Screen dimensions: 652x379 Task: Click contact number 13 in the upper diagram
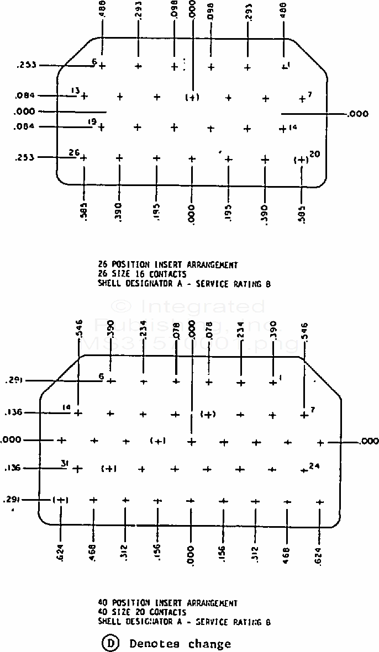coord(75,91)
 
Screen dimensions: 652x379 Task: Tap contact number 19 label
coord(93,121)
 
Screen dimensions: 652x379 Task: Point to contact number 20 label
coord(315,154)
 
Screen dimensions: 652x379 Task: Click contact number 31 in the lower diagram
coord(64,463)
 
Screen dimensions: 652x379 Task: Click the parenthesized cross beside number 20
coord(301,160)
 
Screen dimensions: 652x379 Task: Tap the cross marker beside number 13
coord(84,96)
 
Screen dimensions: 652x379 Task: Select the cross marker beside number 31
coord(77,469)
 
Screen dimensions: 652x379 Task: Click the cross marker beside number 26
coord(83,158)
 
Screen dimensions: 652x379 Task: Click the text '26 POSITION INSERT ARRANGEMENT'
coord(167,265)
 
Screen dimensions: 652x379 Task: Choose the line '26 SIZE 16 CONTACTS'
coord(142,274)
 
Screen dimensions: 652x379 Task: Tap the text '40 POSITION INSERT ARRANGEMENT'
coord(167,603)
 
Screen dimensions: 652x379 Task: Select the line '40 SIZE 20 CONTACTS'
coord(142,612)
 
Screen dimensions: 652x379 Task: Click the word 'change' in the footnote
coord(209,644)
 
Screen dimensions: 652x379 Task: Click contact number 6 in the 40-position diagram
coord(101,377)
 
